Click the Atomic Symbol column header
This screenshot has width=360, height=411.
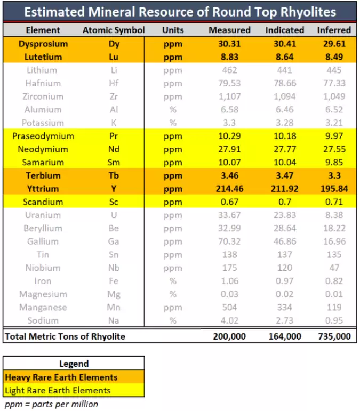(113, 30)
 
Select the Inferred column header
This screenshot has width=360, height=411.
(334, 30)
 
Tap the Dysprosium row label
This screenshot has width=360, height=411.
(43, 44)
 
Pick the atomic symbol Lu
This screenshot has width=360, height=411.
(114, 57)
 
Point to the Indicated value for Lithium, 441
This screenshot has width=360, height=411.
(285, 70)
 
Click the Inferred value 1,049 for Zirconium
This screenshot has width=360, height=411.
(334, 96)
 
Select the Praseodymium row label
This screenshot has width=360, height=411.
(43, 136)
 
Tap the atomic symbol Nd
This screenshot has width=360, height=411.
(114, 149)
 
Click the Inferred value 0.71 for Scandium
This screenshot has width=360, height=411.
(334, 202)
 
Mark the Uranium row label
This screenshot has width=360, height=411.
(43, 215)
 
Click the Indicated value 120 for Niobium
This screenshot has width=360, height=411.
(285, 268)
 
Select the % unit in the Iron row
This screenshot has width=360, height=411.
(173, 281)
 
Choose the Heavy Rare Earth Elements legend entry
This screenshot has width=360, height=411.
(61, 377)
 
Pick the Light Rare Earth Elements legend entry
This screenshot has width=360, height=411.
(58, 390)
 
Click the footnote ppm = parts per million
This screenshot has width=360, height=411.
(51, 404)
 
